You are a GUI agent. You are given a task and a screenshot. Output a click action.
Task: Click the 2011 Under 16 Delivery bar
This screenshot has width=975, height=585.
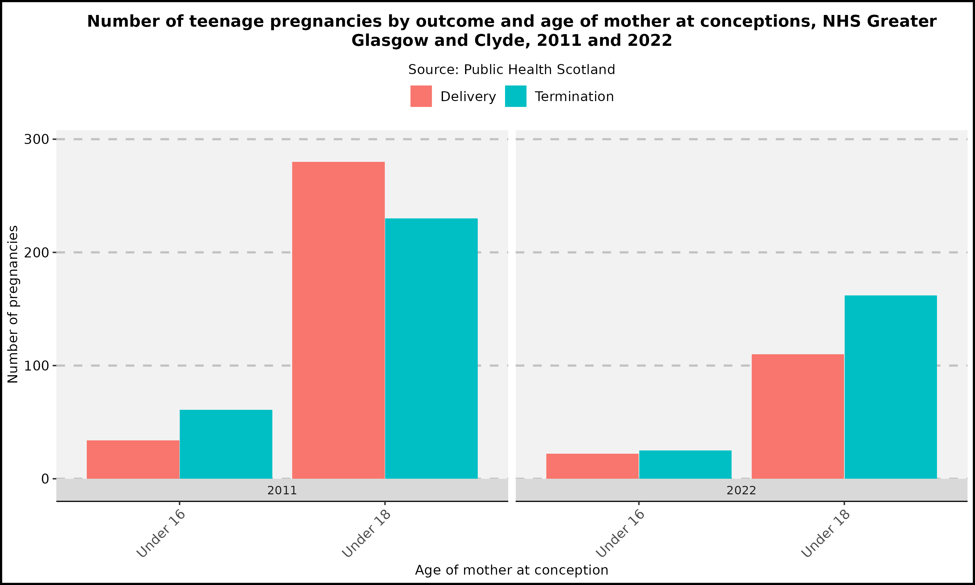tap(133, 459)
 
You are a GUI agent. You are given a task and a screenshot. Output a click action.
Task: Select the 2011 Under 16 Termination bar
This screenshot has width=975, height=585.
tap(226, 444)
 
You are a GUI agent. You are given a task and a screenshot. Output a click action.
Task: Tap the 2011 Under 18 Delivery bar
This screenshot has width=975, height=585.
tap(338, 320)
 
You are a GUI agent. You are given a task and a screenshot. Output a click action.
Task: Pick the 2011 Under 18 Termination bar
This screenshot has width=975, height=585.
tap(431, 348)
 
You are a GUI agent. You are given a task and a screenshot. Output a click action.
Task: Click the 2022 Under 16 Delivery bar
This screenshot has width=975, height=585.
tap(592, 466)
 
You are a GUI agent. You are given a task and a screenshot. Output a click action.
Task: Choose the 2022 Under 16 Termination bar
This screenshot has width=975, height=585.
tap(685, 464)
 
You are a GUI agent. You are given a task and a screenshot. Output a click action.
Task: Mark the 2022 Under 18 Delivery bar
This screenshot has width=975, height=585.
tap(798, 416)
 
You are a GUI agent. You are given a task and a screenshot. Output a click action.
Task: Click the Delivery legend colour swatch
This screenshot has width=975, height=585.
tap(421, 96)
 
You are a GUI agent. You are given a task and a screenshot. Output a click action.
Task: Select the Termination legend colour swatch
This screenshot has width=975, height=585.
tap(515, 96)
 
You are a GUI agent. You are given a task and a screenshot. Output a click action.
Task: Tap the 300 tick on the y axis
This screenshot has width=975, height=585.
tap(36, 139)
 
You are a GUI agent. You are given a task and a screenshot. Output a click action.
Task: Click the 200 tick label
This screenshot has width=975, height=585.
tap(36, 253)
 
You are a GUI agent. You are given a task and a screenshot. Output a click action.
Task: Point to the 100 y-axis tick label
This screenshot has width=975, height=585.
tap(36, 366)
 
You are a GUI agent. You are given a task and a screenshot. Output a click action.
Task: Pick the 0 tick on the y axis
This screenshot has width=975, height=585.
tap(45, 479)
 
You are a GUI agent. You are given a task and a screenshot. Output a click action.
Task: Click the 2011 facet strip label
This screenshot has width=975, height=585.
tap(282, 490)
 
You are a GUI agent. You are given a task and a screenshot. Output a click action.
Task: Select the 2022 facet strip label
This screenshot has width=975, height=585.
tap(741, 490)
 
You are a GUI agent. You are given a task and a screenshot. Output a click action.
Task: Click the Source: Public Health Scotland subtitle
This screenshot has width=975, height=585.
tap(512, 70)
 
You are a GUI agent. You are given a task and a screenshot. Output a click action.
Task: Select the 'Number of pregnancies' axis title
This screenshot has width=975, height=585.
tap(13, 304)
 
